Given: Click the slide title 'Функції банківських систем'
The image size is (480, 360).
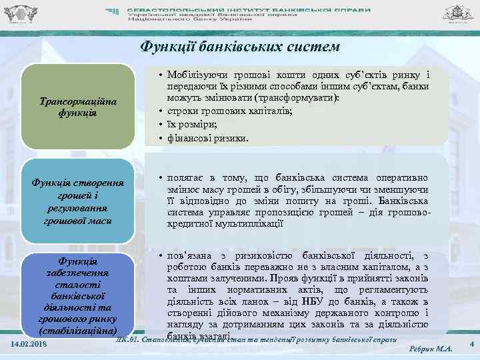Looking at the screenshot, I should pyautogui.click(x=239, y=47).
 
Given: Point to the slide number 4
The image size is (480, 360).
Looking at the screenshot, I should pyautogui.click(x=471, y=343).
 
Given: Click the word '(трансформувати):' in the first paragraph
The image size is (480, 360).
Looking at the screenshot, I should pyautogui.click(x=299, y=99).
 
